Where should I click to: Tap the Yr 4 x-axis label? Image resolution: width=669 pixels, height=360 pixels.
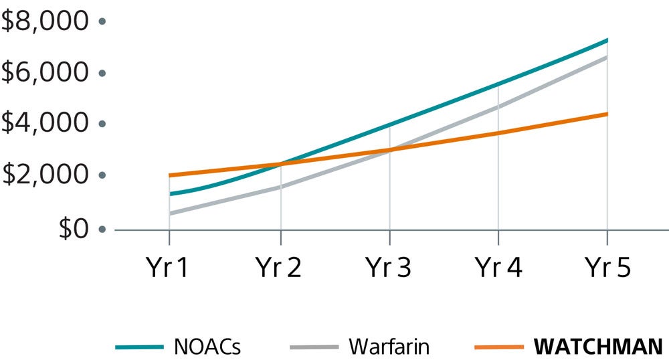pos(498,268)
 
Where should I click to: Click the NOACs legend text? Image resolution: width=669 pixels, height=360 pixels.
pos(207,347)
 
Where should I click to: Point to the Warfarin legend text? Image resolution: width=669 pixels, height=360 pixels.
pos(389,347)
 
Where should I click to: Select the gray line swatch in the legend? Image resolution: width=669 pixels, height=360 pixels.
pos(314,347)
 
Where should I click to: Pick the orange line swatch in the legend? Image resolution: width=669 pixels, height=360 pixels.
pos(498,347)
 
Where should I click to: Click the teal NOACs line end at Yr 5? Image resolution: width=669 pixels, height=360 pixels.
pos(607,40)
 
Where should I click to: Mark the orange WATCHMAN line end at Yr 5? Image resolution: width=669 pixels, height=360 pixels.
pos(607,114)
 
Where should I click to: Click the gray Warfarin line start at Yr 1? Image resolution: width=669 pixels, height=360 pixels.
pos(170,213)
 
